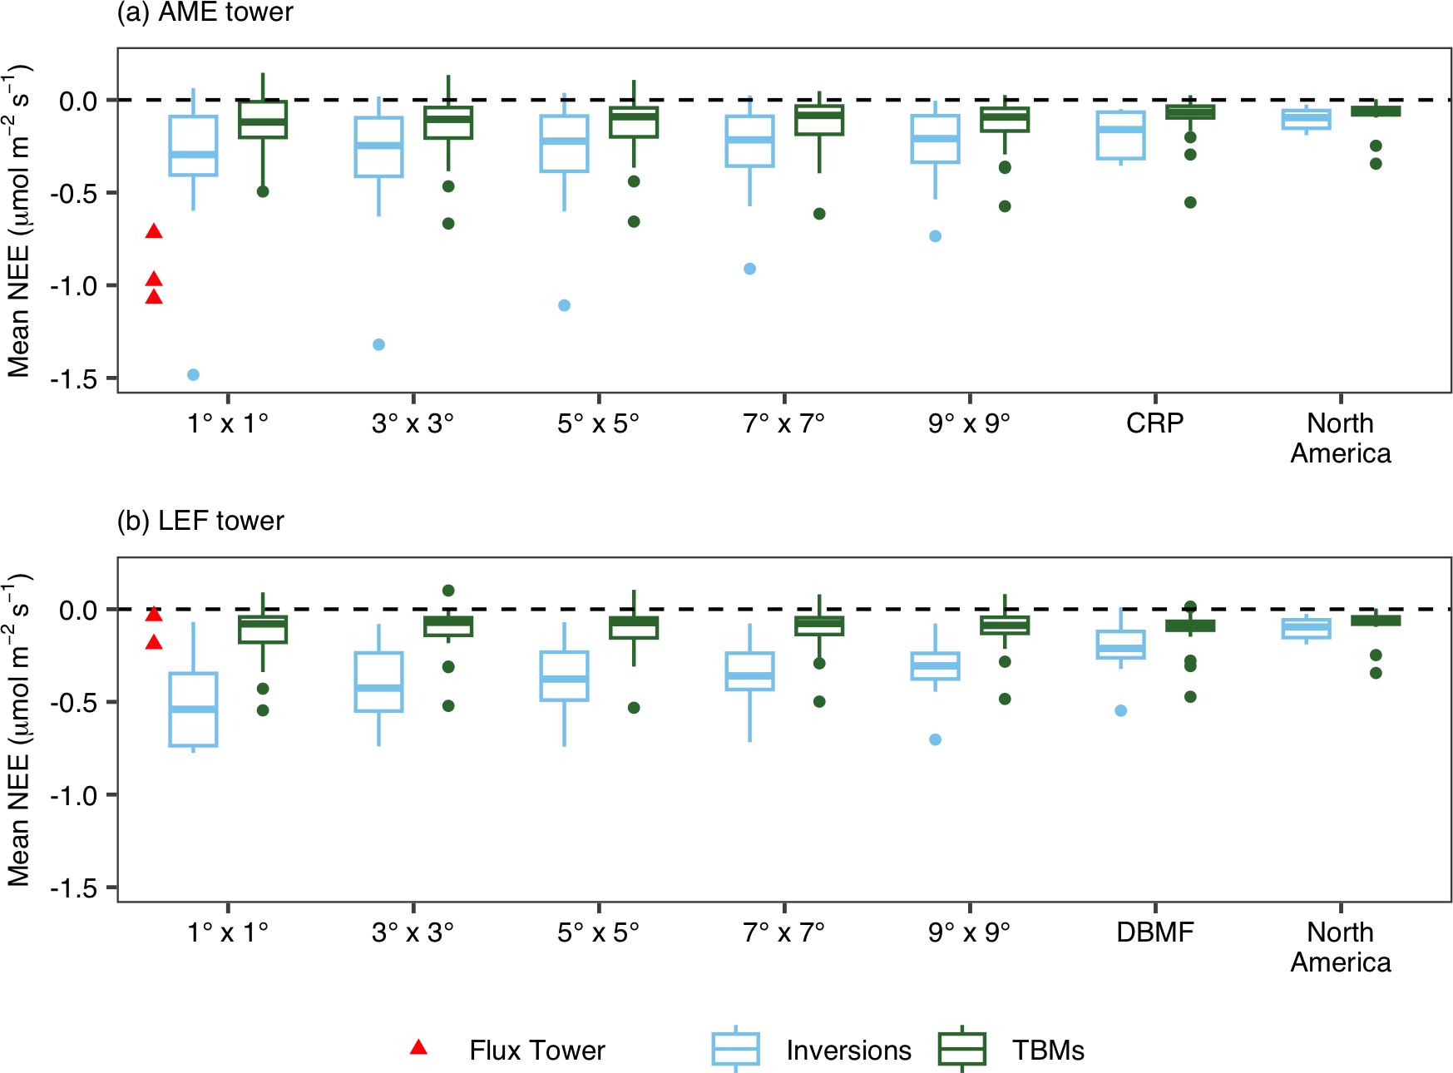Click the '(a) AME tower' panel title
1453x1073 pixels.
pyautogui.click(x=205, y=12)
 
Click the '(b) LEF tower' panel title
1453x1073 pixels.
pyautogui.click(x=200, y=521)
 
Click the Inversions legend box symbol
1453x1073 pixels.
pyautogui.click(x=735, y=1049)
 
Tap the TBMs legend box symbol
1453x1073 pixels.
pyautogui.click(x=961, y=1049)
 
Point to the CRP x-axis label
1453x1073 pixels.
pyautogui.click(x=1154, y=423)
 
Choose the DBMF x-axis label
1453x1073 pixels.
pyautogui.click(x=1154, y=932)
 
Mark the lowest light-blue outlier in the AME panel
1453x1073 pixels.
pyautogui.click(x=193, y=375)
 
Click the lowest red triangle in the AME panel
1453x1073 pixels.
pyautogui.click(x=154, y=297)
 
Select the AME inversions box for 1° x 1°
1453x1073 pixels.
pyautogui.click(x=193, y=146)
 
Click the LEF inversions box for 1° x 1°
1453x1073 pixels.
pyautogui.click(x=193, y=710)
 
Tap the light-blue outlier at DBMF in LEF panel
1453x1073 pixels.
pyautogui.click(x=1120, y=711)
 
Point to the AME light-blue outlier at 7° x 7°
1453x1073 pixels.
pyautogui.click(x=749, y=269)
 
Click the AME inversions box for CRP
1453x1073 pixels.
pyautogui.click(x=1120, y=136)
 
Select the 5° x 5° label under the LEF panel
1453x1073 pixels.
pyautogui.click(x=598, y=932)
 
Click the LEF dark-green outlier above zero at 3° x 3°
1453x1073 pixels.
pyautogui.click(x=448, y=591)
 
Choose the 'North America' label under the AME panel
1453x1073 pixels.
pyautogui.click(x=1340, y=438)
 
